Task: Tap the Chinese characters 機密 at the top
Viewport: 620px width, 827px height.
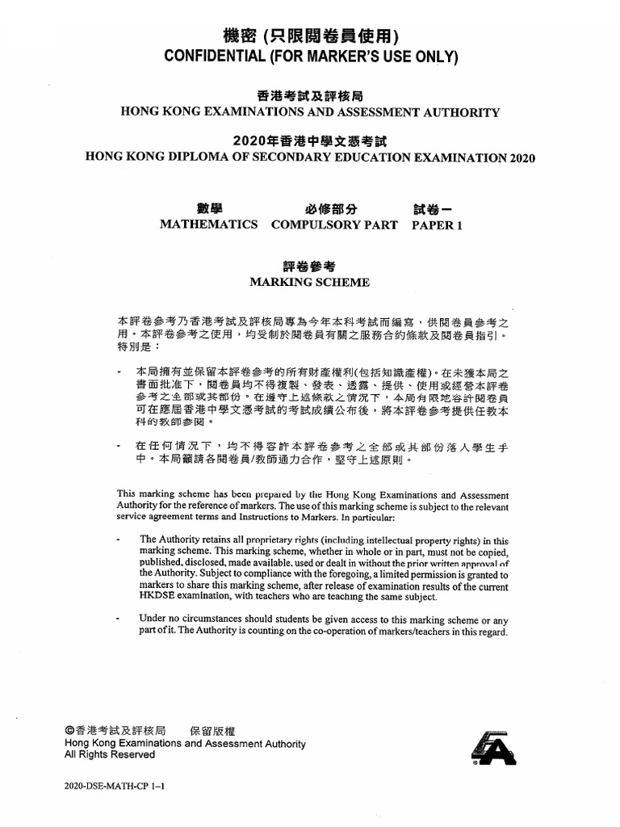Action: point(240,37)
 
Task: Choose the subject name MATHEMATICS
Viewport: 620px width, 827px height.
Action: point(209,225)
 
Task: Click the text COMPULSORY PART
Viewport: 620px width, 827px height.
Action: point(334,225)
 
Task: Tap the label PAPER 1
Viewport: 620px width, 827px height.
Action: point(437,225)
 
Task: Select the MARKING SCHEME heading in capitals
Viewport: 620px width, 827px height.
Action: point(310,283)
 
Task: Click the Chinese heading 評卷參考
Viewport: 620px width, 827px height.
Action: point(310,266)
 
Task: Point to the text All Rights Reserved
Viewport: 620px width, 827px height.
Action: point(110,755)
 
